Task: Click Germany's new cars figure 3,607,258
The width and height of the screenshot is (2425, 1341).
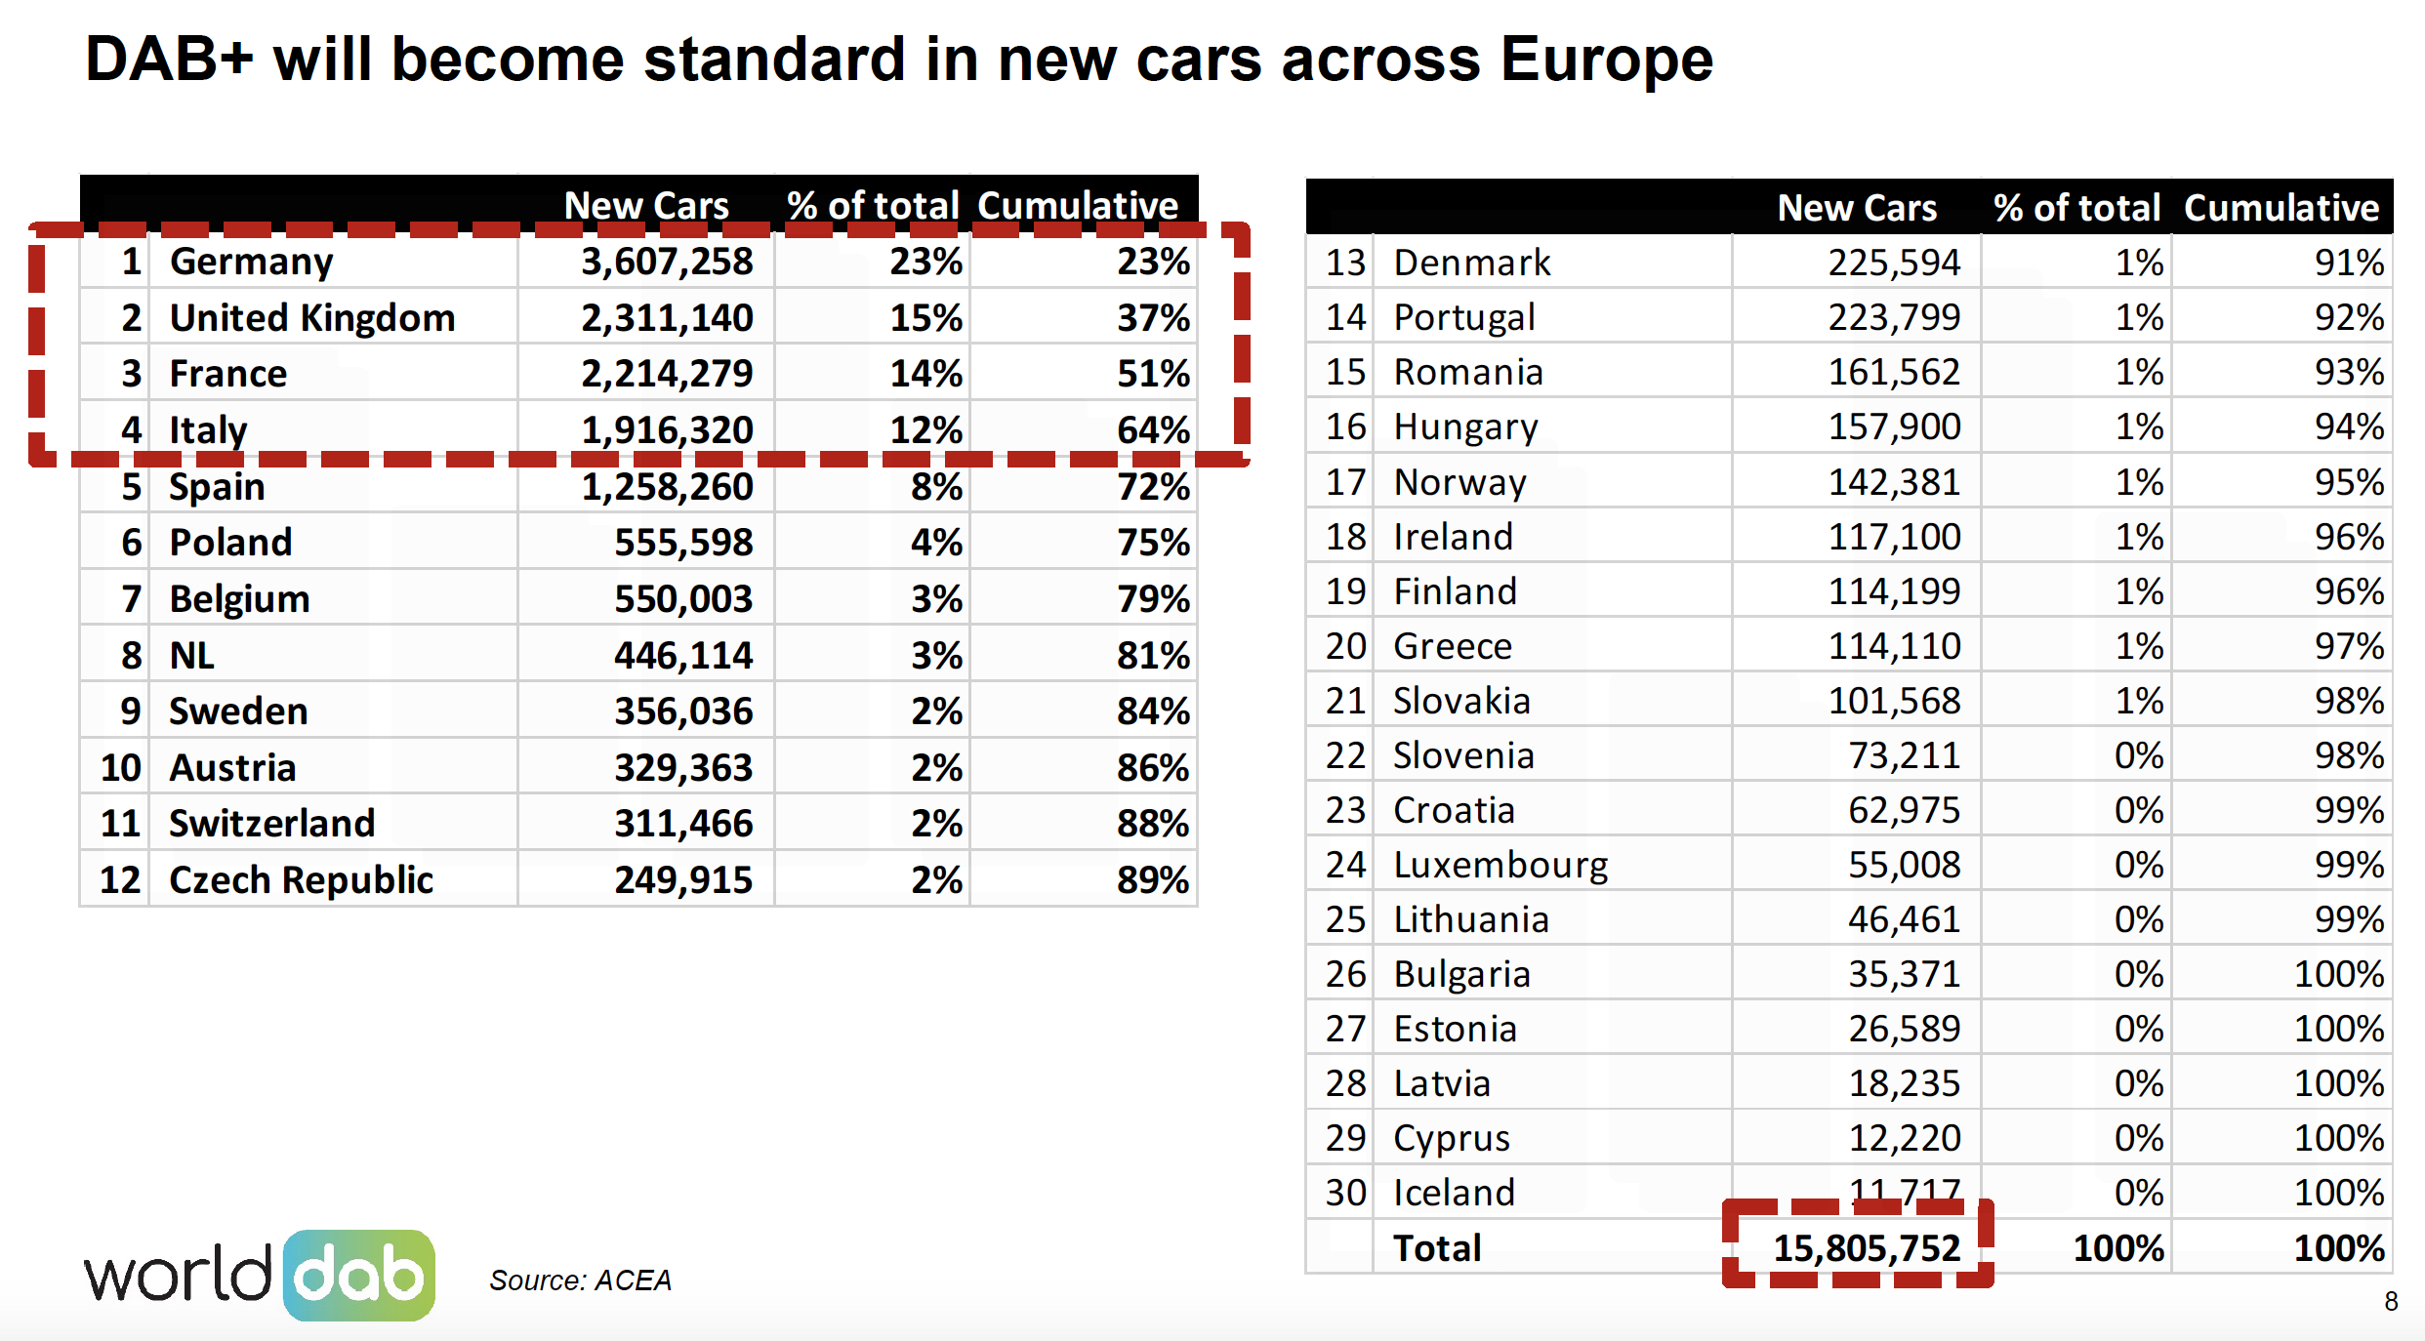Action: [x=667, y=262]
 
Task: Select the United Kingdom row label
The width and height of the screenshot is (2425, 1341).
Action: [x=311, y=318]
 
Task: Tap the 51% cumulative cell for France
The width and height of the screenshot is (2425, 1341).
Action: [x=1153, y=374]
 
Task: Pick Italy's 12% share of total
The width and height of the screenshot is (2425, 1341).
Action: [x=925, y=430]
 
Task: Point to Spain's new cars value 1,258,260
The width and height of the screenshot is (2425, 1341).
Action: [x=667, y=487]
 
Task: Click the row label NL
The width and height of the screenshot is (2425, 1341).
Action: [x=191, y=655]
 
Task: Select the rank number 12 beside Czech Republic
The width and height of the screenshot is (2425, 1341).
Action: [x=120, y=880]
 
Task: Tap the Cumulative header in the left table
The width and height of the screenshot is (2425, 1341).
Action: [x=1078, y=206]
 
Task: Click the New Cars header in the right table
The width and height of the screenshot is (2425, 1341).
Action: [x=1857, y=208]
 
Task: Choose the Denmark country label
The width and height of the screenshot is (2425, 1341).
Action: [x=1471, y=263]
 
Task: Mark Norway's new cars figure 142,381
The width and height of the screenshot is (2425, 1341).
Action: [x=1894, y=482]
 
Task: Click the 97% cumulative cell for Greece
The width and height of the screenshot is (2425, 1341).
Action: [x=2349, y=646]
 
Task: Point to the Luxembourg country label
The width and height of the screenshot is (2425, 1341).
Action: [x=1500, y=865]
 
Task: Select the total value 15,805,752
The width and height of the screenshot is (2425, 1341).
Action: [x=1866, y=1248]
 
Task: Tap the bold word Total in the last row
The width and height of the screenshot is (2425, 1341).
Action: [x=1437, y=1248]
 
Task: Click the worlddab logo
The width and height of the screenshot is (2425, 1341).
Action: [x=260, y=1276]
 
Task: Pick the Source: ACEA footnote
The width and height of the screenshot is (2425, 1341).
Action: [x=580, y=1280]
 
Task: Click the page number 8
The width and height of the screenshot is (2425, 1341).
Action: [x=2391, y=1301]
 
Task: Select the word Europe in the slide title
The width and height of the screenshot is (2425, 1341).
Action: [x=1606, y=60]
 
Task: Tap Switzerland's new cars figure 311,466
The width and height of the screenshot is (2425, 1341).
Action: [x=683, y=824]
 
